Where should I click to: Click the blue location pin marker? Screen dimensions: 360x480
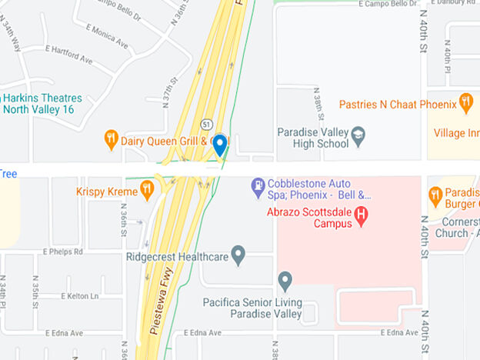click(x=219, y=145)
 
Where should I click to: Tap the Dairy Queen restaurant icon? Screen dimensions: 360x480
click(x=112, y=140)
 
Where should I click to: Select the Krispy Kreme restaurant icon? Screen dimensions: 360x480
click(x=147, y=191)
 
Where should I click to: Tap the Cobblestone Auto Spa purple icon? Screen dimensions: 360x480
click(x=259, y=185)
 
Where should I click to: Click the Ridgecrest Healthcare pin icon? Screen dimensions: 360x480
click(x=238, y=254)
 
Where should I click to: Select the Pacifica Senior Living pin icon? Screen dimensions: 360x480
click(x=285, y=280)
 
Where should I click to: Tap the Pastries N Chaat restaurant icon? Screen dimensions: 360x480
click(x=465, y=103)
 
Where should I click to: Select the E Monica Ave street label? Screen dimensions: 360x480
click(x=108, y=32)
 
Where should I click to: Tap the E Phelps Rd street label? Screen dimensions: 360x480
click(x=64, y=252)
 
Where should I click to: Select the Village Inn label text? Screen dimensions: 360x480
click(x=455, y=133)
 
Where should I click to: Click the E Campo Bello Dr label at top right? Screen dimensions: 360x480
click(x=388, y=5)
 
